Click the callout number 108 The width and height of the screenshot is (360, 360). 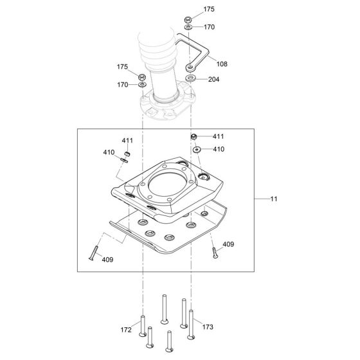point(222,64)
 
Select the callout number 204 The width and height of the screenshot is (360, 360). point(213,79)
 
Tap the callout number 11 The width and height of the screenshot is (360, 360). point(274,199)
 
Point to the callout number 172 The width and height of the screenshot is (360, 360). point(126,330)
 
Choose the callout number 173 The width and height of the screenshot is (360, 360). point(208,327)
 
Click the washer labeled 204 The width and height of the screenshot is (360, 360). point(190,78)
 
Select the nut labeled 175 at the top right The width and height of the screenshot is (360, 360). point(188,19)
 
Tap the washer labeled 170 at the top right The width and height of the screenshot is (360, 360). point(188,28)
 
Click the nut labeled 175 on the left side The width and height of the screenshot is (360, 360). point(142,76)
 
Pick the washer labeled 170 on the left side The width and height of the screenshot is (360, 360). point(142,85)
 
